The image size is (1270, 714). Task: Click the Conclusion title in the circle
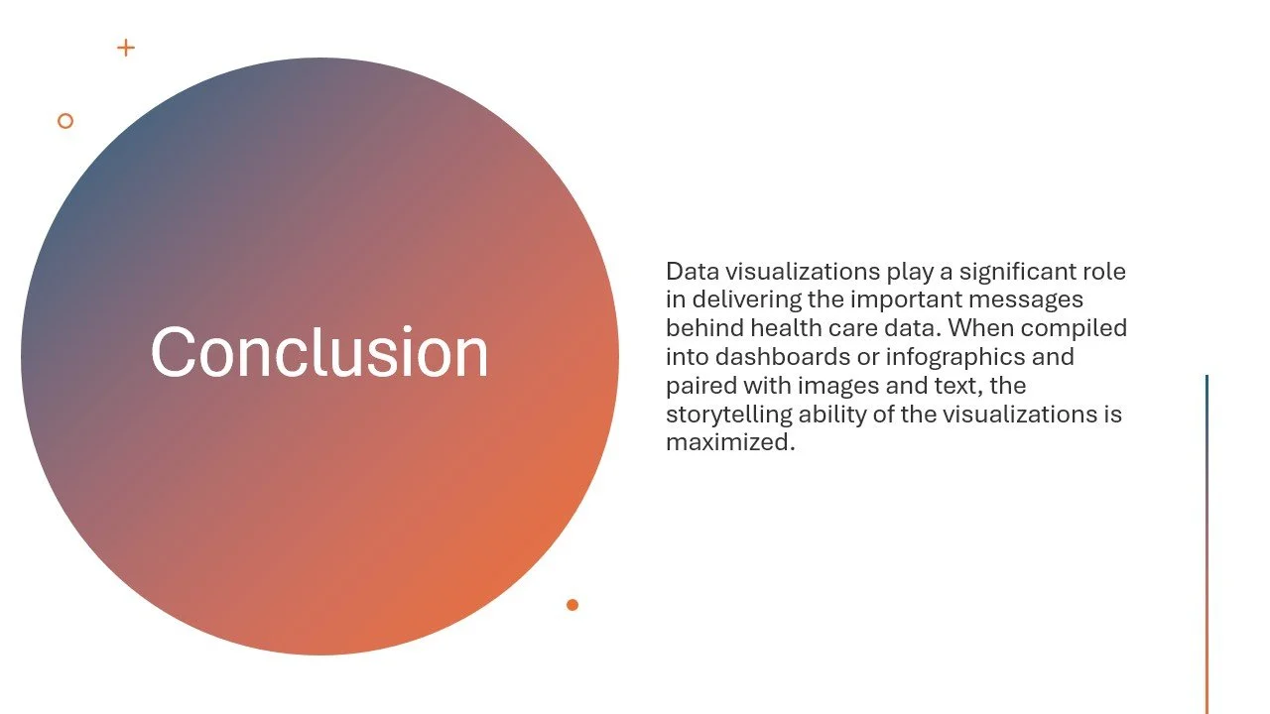[x=319, y=352]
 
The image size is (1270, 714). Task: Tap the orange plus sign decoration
[x=126, y=48]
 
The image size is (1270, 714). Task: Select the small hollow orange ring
[x=65, y=121]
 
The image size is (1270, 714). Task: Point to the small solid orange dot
[x=572, y=605]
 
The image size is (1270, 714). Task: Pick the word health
[x=785, y=328]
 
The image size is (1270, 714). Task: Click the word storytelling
[x=728, y=414]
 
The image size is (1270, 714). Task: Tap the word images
[x=831, y=385]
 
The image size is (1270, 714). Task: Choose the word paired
[x=698, y=385]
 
